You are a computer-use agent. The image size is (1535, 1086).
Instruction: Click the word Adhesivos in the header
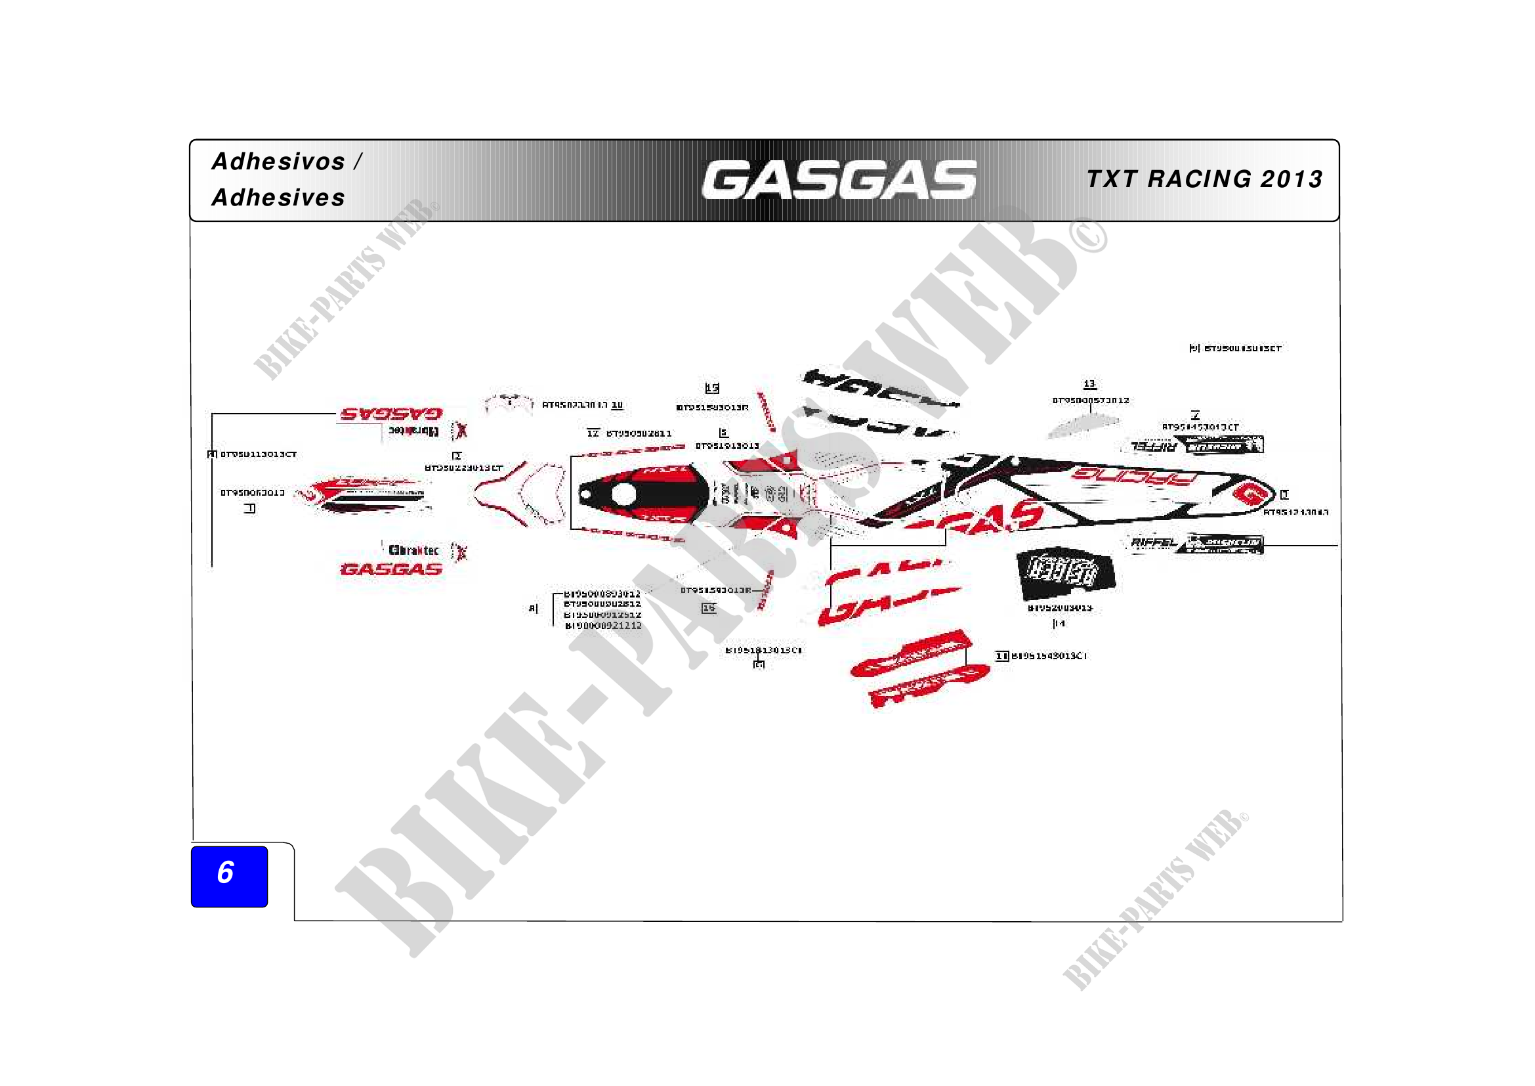[278, 162]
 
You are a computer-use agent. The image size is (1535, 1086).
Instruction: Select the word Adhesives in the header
[278, 198]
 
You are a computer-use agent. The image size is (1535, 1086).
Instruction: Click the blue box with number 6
[229, 876]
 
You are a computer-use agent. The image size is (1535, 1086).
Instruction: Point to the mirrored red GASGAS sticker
[391, 414]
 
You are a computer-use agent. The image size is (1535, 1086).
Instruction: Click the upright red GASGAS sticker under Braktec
[391, 570]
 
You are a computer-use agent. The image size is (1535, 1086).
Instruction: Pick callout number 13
[1090, 384]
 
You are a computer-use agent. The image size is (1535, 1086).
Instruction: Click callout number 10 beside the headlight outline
[617, 404]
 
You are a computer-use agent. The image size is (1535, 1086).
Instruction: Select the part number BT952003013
[1060, 608]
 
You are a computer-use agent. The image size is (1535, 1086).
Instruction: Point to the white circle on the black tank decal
[623, 495]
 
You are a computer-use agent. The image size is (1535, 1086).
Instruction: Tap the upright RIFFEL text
[1153, 542]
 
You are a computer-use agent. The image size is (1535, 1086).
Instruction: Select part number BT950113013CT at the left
[258, 454]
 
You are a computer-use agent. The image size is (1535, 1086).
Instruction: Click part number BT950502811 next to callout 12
[639, 433]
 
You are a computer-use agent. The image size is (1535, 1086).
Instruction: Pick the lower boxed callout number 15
[709, 608]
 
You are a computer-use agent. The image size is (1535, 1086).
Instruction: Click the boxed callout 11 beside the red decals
[1001, 656]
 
